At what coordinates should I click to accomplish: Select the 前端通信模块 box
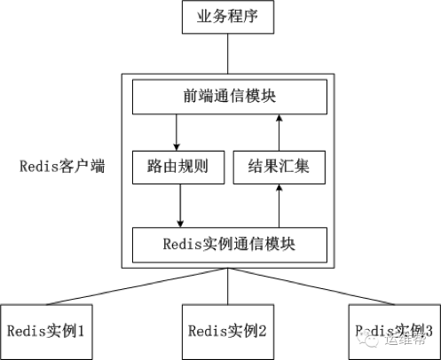coord(227,96)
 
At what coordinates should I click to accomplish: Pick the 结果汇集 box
coord(279,167)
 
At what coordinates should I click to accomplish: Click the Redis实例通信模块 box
coord(227,244)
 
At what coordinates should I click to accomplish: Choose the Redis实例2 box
coord(227,331)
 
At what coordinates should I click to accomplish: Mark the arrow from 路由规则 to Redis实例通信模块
coord(180,206)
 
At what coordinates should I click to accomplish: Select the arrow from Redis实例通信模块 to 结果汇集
coord(279,206)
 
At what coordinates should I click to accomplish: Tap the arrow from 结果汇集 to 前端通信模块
coord(279,131)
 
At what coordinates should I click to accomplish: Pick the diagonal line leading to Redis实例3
coord(315,285)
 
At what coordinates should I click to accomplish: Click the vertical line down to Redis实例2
coord(228,286)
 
